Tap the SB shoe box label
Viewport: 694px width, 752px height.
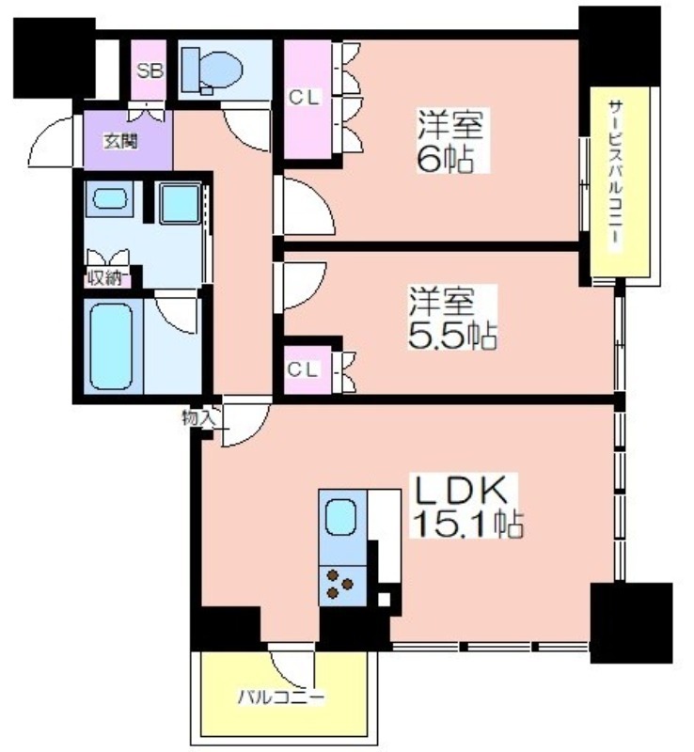(x=150, y=70)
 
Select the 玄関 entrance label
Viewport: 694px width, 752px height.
(x=121, y=141)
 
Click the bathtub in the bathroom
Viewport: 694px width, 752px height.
(x=111, y=346)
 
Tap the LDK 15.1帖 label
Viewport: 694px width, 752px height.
(x=465, y=507)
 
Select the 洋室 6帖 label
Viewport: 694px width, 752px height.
(x=450, y=140)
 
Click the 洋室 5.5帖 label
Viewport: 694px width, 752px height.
(x=451, y=318)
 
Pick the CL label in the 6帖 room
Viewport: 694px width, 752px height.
(x=304, y=98)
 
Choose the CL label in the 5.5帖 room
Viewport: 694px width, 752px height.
(x=303, y=369)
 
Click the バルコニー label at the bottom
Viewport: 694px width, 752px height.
(x=282, y=697)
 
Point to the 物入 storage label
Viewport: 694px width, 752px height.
(x=197, y=418)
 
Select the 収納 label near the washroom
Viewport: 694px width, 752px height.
(x=106, y=278)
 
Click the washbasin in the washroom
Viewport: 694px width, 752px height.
(x=110, y=198)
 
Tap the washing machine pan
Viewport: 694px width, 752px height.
(x=181, y=203)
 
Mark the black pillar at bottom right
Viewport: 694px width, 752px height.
(x=631, y=622)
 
